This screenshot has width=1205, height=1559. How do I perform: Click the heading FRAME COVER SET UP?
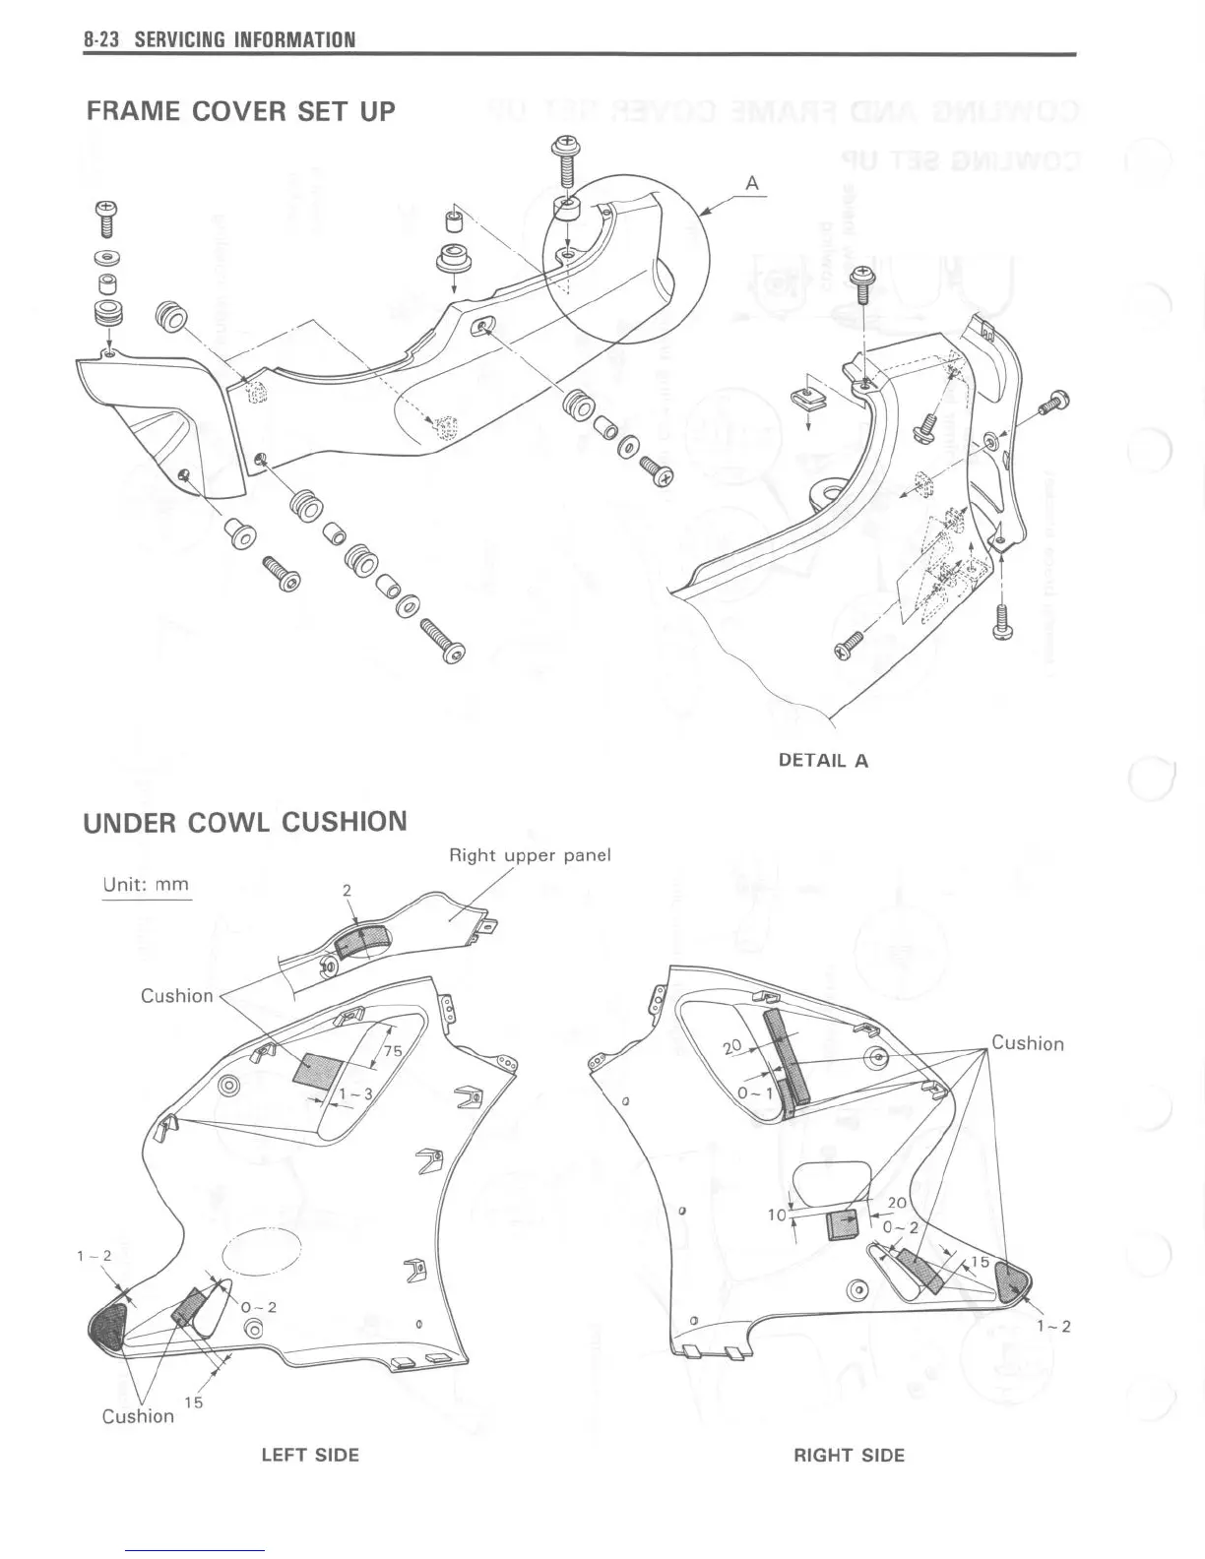coord(241,111)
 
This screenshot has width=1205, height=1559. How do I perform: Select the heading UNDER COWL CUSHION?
coord(245,822)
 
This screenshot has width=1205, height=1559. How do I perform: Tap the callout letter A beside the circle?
coord(752,183)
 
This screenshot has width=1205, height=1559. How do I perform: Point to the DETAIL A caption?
coord(823,760)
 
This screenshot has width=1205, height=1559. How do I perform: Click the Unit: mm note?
coord(146,884)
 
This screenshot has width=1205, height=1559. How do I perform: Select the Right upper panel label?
coord(530,854)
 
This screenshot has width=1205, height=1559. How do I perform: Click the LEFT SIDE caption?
coord(310,1455)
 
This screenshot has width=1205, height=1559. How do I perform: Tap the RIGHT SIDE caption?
coord(849,1455)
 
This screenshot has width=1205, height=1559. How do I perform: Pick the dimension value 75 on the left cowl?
coord(392,1050)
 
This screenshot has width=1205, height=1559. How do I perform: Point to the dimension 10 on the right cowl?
coord(777,1215)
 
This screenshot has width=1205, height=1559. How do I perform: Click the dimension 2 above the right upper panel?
coord(347,890)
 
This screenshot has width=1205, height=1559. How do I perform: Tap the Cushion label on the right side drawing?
coord(1027,1043)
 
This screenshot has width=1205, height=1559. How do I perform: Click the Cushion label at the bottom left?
coord(138,1415)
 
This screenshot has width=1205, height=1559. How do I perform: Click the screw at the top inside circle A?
coord(566,161)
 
